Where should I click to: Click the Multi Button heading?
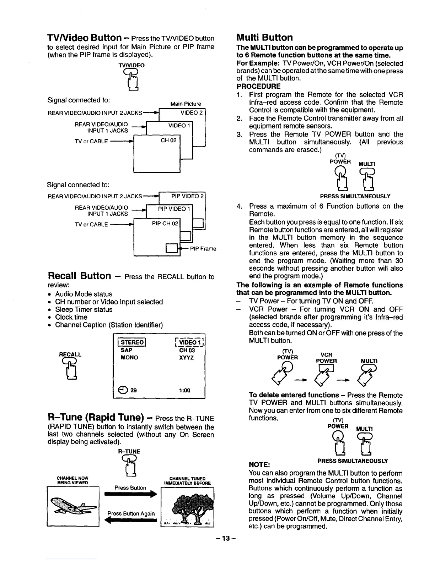pos(264,38)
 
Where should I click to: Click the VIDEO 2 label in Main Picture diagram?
pos(191,113)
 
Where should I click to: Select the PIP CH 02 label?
pos(165,224)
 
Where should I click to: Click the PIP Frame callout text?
pos(203,248)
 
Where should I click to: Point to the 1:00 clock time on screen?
pos(184,391)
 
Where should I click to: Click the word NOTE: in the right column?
pos(260,465)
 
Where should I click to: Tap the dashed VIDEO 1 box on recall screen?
pos(187,342)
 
